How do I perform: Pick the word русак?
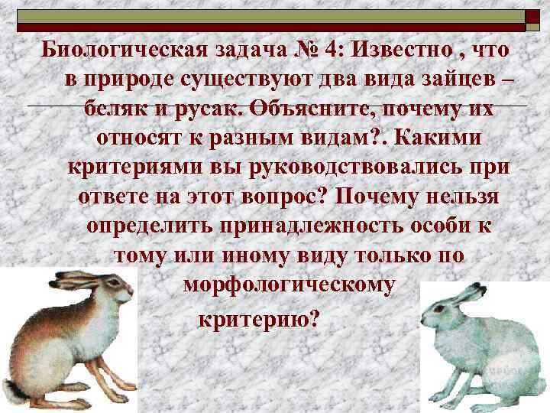click(215, 109)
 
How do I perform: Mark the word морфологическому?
click(290, 285)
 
